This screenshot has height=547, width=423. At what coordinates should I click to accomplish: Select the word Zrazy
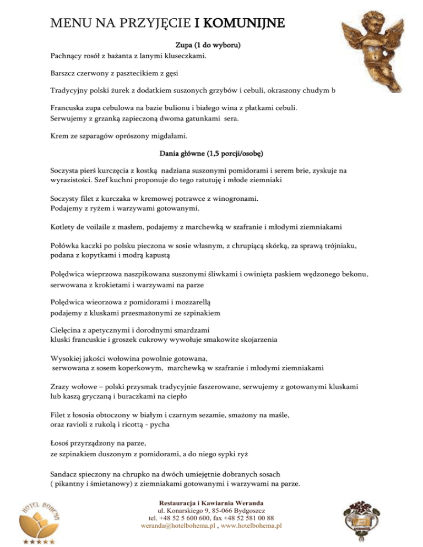(x=56, y=386)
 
